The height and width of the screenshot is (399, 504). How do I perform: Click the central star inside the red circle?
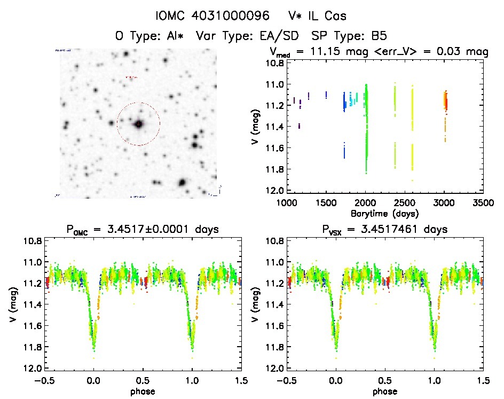click(x=139, y=124)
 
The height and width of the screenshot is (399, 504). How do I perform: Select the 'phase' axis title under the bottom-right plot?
click(x=385, y=391)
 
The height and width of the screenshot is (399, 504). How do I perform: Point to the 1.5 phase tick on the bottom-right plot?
click(x=483, y=380)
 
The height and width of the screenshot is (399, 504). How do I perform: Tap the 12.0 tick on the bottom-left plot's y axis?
click(x=31, y=369)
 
